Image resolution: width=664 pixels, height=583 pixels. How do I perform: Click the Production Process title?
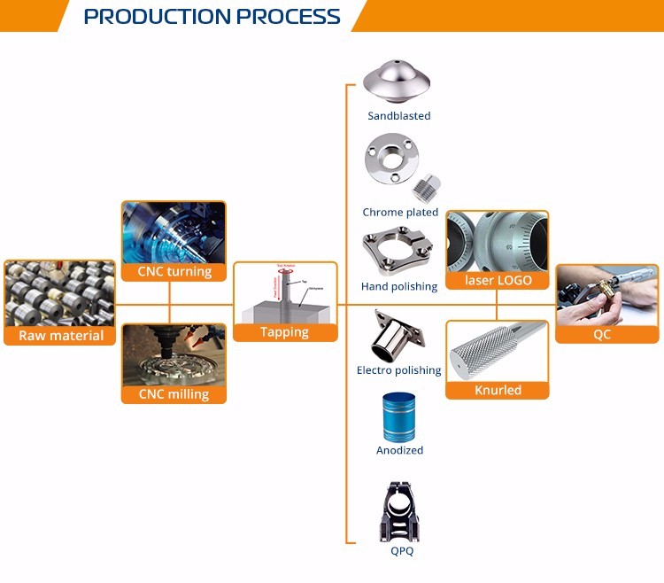(212, 17)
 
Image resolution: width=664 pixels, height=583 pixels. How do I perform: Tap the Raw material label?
(60, 335)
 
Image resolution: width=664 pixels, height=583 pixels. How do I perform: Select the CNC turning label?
(174, 271)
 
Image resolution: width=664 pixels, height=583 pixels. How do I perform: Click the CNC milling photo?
(174, 354)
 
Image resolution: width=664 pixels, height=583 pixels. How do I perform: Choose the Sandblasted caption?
(399, 116)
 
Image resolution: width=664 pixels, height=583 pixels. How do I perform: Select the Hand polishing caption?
(399, 286)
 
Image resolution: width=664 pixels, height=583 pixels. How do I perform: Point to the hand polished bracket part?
(398, 253)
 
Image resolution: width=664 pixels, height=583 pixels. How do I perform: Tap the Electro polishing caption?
(398, 370)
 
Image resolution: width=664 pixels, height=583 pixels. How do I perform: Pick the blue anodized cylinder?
(399, 414)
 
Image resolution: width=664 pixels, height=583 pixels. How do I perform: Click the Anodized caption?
(399, 450)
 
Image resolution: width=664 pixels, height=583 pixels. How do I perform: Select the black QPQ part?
(399, 510)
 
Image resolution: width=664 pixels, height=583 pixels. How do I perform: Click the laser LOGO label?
(498, 280)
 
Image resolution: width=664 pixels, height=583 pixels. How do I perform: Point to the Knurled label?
(498, 390)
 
